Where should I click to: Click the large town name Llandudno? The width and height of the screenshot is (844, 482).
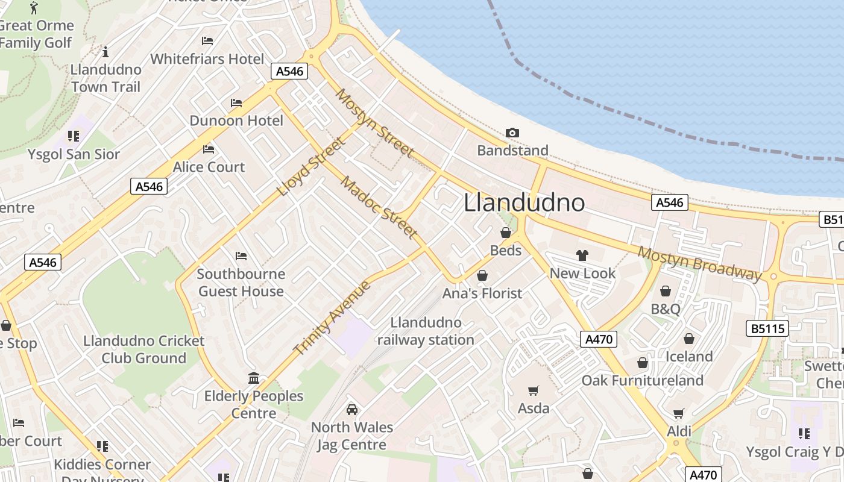524,202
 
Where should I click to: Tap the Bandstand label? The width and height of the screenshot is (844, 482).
512,150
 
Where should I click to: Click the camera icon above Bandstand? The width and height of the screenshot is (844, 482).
512,133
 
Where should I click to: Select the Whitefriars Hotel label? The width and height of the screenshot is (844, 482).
207,59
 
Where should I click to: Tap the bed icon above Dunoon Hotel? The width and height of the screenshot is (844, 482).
236,103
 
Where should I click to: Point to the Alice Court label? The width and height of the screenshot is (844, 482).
209,167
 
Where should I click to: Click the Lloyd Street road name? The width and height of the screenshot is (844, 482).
312,166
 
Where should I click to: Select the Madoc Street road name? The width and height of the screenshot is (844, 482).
379,207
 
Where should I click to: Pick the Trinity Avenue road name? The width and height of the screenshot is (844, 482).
332,317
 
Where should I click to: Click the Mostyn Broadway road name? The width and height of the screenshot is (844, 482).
699,263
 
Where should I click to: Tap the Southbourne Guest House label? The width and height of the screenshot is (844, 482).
241,283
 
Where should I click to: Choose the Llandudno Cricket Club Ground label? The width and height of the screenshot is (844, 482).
143,349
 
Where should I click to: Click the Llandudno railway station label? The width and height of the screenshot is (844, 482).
426,331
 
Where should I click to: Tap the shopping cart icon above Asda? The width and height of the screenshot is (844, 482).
533,391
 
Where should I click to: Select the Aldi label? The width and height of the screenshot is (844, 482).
679,431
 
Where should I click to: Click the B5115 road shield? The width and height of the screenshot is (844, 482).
767,328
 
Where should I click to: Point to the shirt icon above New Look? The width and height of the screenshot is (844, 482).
582,255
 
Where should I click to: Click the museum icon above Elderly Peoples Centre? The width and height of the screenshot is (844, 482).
254,378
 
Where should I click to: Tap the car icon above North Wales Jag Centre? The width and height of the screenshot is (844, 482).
351,410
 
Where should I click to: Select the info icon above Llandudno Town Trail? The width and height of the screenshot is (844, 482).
105,52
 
